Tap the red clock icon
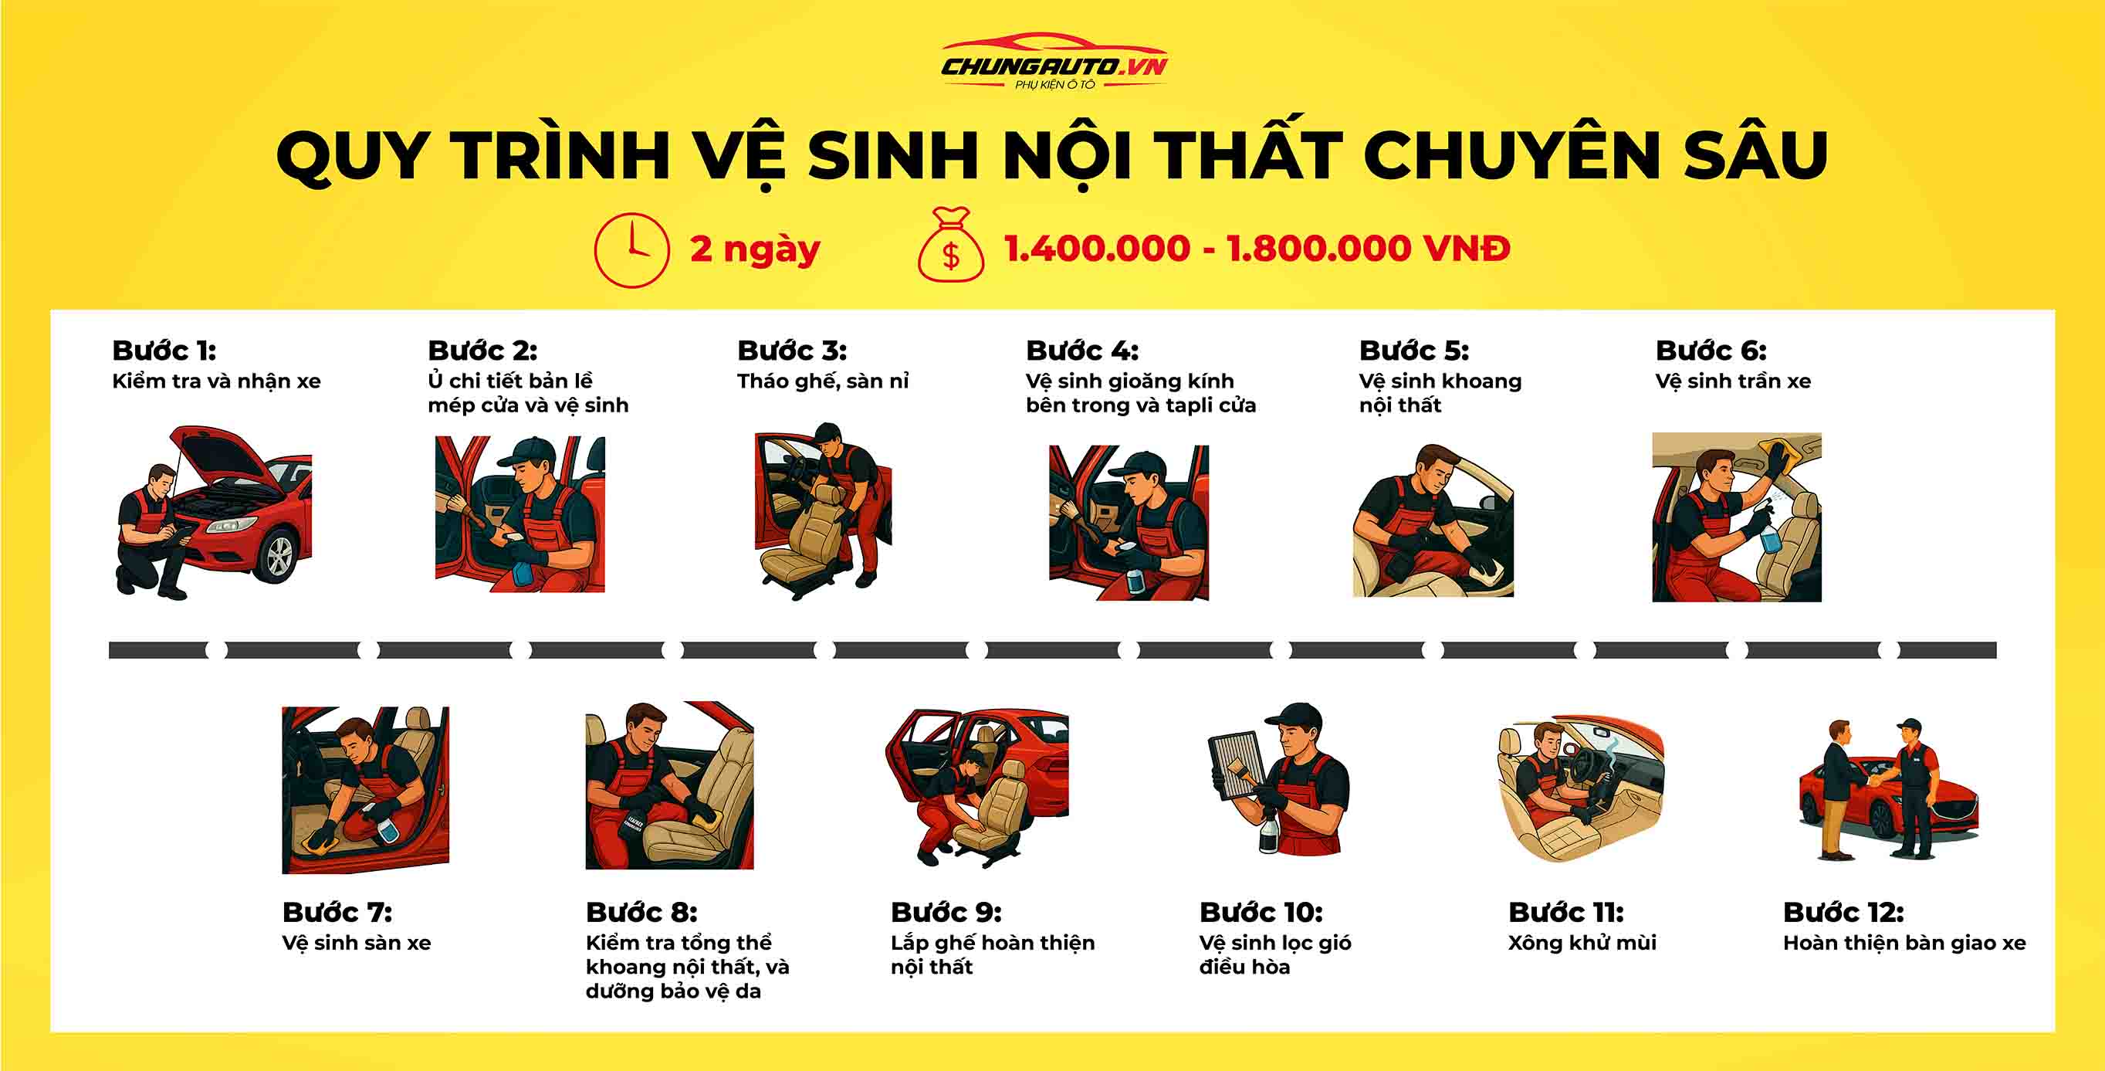pos(631,250)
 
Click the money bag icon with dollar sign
pos(950,248)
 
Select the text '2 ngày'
pos(754,249)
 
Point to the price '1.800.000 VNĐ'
pos(1368,249)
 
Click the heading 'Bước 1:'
pos(164,351)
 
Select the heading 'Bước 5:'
pos(1413,351)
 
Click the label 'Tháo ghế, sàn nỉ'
pos(822,381)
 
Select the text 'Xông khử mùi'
pos(1582,943)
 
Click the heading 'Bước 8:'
pos(641,913)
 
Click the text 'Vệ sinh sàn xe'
pos(357,943)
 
